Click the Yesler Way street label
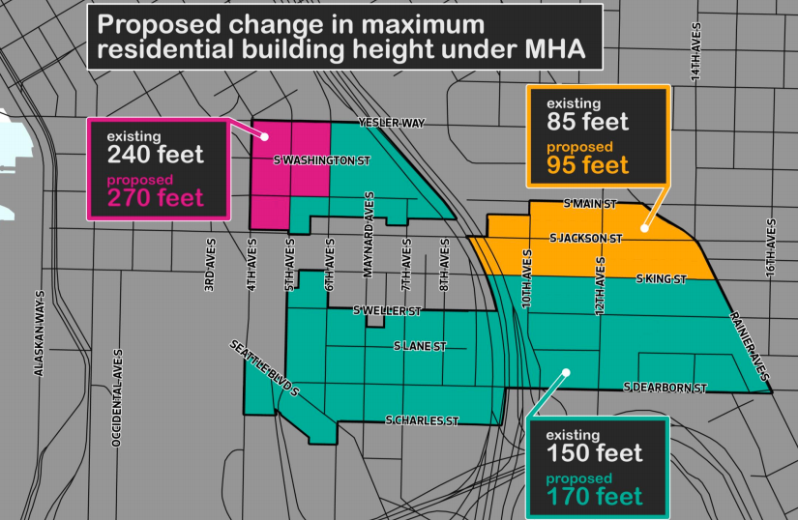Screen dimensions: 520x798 pyautogui.click(x=392, y=124)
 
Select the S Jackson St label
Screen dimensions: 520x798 pyautogui.click(x=584, y=237)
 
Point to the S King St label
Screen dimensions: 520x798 pyautogui.click(x=661, y=279)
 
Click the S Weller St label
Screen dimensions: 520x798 pyautogui.click(x=387, y=311)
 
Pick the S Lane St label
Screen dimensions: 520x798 pyautogui.click(x=420, y=345)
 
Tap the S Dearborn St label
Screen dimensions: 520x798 pyautogui.click(x=666, y=388)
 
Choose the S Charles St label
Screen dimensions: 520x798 pyautogui.click(x=422, y=421)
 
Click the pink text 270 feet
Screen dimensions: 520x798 pyautogui.click(x=156, y=198)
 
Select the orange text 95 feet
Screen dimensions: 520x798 pyautogui.click(x=588, y=165)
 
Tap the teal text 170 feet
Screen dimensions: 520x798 pyautogui.click(x=594, y=497)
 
